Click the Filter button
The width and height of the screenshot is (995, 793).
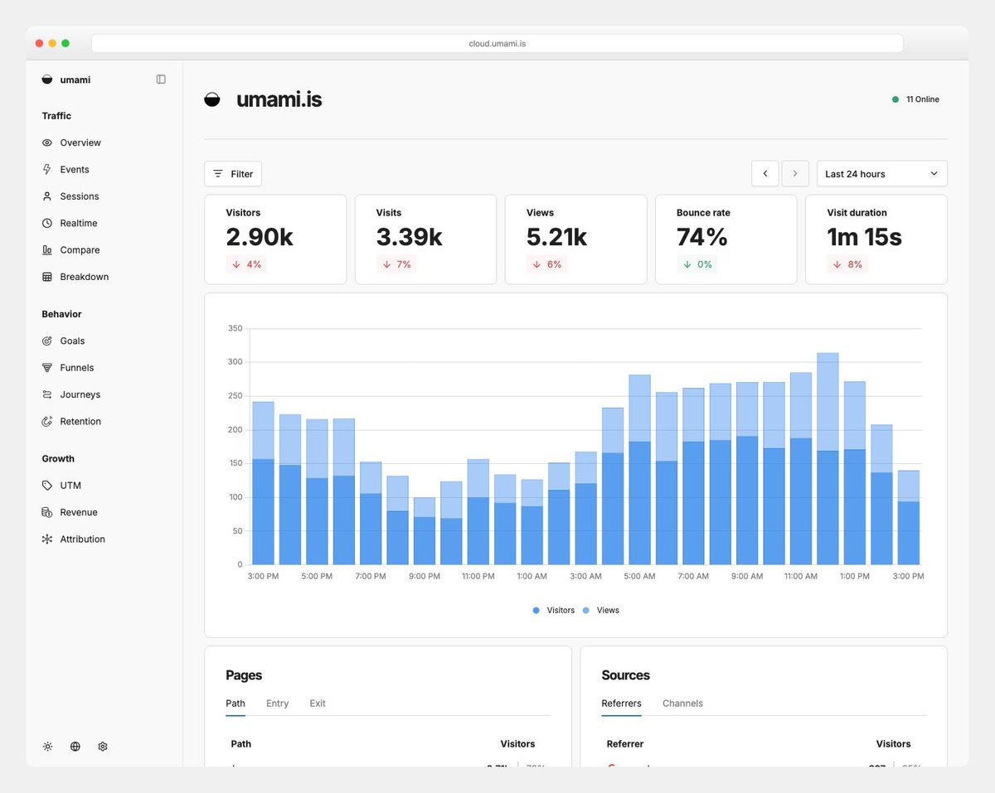click(x=233, y=174)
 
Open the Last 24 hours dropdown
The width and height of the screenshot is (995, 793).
click(x=881, y=174)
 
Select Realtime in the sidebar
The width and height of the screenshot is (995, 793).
click(x=78, y=223)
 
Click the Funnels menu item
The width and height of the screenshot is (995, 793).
click(x=76, y=368)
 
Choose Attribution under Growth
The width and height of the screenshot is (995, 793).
click(x=82, y=539)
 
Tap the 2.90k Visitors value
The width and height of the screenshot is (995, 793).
click(x=260, y=237)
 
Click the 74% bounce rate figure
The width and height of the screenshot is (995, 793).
click(x=702, y=237)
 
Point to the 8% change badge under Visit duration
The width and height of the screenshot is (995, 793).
click(x=847, y=264)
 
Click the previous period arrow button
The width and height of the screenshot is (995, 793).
click(x=764, y=174)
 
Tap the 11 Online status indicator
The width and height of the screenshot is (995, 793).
click(x=916, y=99)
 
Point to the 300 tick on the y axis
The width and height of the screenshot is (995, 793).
click(x=235, y=362)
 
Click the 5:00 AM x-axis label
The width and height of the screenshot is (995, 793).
click(x=638, y=576)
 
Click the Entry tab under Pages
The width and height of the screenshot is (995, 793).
click(x=277, y=704)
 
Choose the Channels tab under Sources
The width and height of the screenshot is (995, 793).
click(x=682, y=704)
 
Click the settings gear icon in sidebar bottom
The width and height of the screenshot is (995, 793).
click(x=103, y=747)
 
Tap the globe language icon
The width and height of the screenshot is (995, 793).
click(x=75, y=747)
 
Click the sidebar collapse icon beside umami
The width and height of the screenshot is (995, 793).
click(x=161, y=80)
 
